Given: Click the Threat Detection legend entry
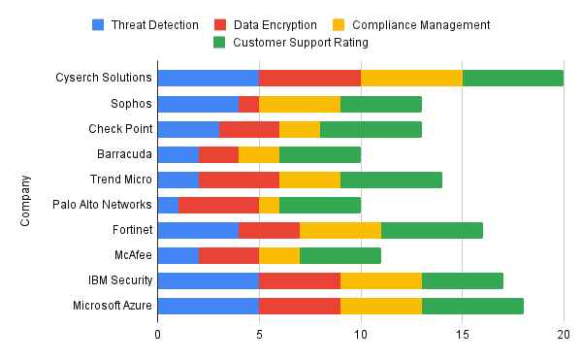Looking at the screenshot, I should pyautogui.click(x=155, y=24).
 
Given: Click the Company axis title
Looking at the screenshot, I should pyautogui.click(x=25, y=201).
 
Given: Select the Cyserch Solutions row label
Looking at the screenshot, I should pyautogui.click(x=105, y=78).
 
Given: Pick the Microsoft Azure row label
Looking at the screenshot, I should pyautogui.click(x=112, y=306).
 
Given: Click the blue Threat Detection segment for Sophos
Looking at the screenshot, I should pyautogui.click(x=198, y=103).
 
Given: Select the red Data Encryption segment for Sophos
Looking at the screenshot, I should pyautogui.click(x=248, y=103).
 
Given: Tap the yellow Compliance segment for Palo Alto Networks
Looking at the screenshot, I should pyautogui.click(x=269, y=205).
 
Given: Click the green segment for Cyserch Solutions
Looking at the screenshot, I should pyautogui.click(x=513, y=78).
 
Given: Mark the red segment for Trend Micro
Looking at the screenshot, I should pyautogui.click(x=239, y=180).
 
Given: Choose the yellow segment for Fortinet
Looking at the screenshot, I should pyautogui.click(x=340, y=230).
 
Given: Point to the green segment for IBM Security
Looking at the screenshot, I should pyautogui.click(x=463, y=280).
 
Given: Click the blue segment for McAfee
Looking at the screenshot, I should pyautogui.click(x=178, y=255).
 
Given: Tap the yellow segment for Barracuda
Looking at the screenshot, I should pyautogui.click(x=259, y=153).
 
